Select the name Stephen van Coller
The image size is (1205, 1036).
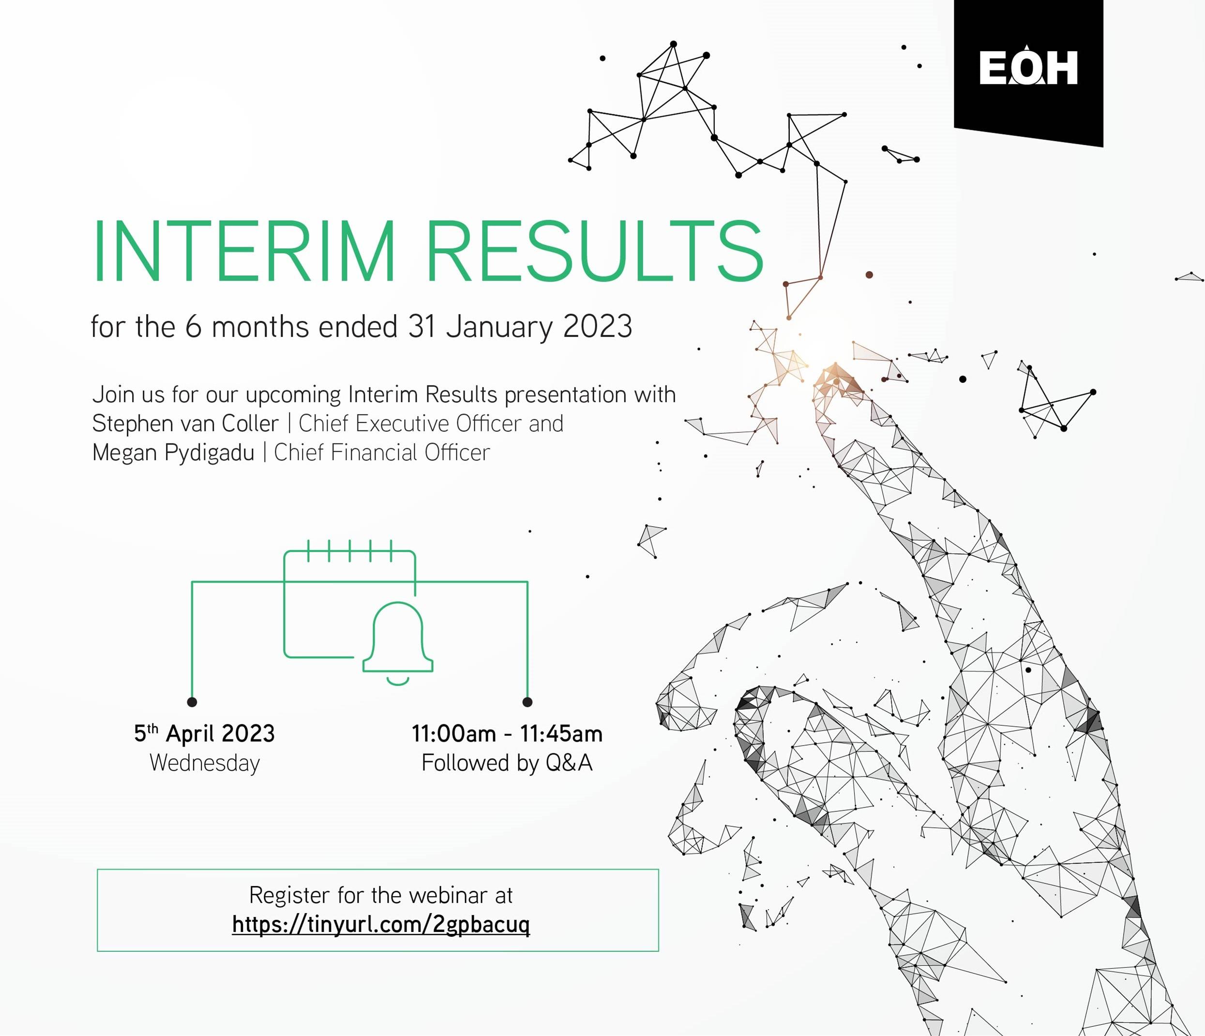[185, 424]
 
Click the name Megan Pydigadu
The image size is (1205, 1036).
[173, 453]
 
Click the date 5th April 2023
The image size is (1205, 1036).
[204, 733]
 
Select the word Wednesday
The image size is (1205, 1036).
[205, 762]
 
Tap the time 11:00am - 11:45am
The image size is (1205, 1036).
[507, 733]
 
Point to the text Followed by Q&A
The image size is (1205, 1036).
[507, 762]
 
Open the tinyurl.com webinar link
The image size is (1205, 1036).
[381, 924]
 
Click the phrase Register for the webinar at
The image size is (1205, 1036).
[381, 895]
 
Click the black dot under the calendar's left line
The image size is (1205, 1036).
[192, 701]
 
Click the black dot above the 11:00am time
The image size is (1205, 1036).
[527, 701]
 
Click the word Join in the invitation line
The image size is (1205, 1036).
[112, 395]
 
